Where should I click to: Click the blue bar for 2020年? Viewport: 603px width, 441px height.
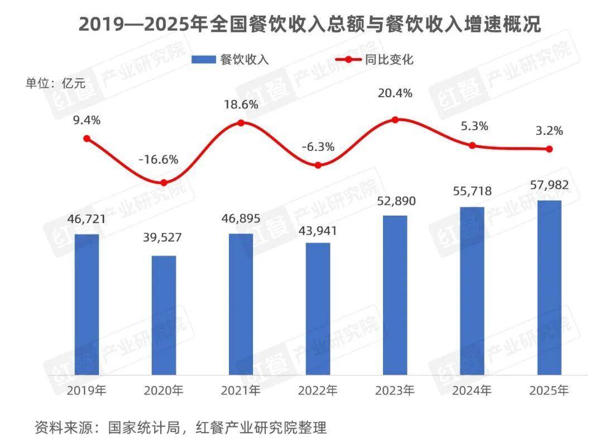click(x=164, y=315)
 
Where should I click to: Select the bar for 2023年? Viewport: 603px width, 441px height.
click(x=395, y=295)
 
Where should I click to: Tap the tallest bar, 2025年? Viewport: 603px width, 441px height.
click(x=549, y=287)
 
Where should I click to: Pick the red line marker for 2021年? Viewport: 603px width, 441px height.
click(x=241, y=123)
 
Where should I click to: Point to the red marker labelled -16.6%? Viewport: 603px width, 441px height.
click(x=164, y=183)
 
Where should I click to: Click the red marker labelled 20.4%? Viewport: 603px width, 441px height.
click(x=395, y=120)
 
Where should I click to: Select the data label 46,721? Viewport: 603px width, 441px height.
click(x=87, y=219)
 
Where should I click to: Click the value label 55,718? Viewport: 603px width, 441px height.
click(x=472, y=191)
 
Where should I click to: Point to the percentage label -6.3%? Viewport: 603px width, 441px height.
click(x=318, y=147)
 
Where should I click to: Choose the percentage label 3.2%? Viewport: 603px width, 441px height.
click(x=549, y=131)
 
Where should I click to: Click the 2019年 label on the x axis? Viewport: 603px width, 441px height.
click(x=87, y=390)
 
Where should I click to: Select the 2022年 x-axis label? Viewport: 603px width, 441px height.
click(x=318, y=390)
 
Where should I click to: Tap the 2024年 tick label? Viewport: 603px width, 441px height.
click(x=472, y=390)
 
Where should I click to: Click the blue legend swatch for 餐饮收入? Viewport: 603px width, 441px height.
click(x=204, y=60)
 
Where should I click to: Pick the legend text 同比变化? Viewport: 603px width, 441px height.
click(x=392, y=60)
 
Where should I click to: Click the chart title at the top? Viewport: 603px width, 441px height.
click(x=301, y=25)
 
